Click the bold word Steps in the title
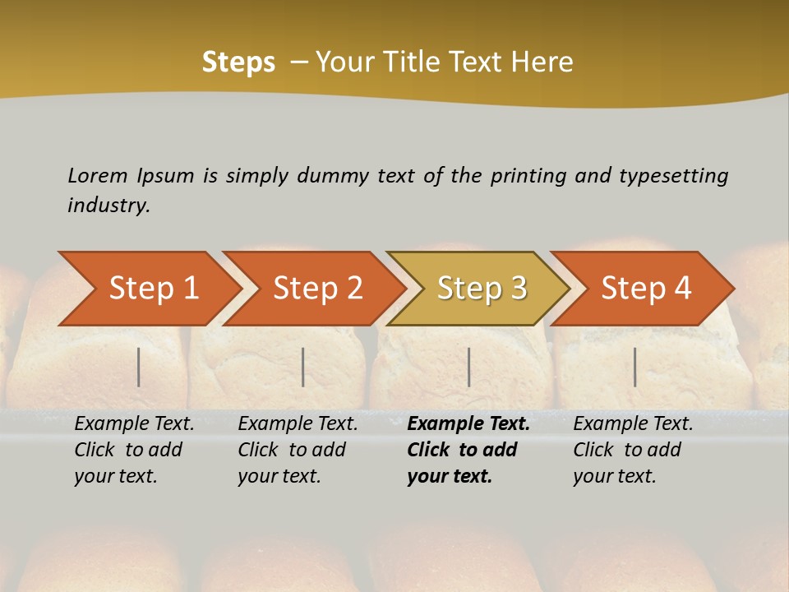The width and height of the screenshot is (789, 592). point(238,62)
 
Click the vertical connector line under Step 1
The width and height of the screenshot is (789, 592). point(139,367)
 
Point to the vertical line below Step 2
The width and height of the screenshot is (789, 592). point(303,367)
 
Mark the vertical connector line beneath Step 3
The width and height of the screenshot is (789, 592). point(468,367)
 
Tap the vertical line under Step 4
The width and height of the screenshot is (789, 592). point(634,367)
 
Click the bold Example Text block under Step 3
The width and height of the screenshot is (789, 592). point(468,450)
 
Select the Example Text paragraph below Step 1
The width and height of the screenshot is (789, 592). point(134,450)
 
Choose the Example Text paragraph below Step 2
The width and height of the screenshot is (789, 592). point(298,450)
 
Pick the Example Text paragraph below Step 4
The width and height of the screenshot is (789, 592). point(632,450)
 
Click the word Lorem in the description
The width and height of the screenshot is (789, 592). point(98,175)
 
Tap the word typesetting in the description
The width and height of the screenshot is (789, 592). point(673,175)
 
